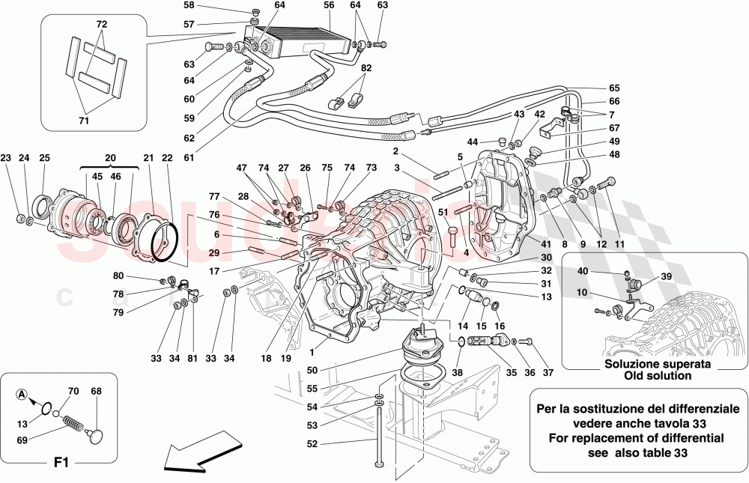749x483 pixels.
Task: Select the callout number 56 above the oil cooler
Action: (329, 5)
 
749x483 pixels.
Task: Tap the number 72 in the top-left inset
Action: (101, 25)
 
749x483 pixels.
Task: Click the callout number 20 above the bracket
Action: (111, 158)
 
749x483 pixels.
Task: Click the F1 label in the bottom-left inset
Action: (61, 463)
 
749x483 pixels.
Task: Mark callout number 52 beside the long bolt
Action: (311, 443)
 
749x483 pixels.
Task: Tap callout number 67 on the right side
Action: (613, 128)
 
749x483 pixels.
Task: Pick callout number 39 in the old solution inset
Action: (666, 276)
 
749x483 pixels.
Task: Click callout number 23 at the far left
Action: (6, 158)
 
